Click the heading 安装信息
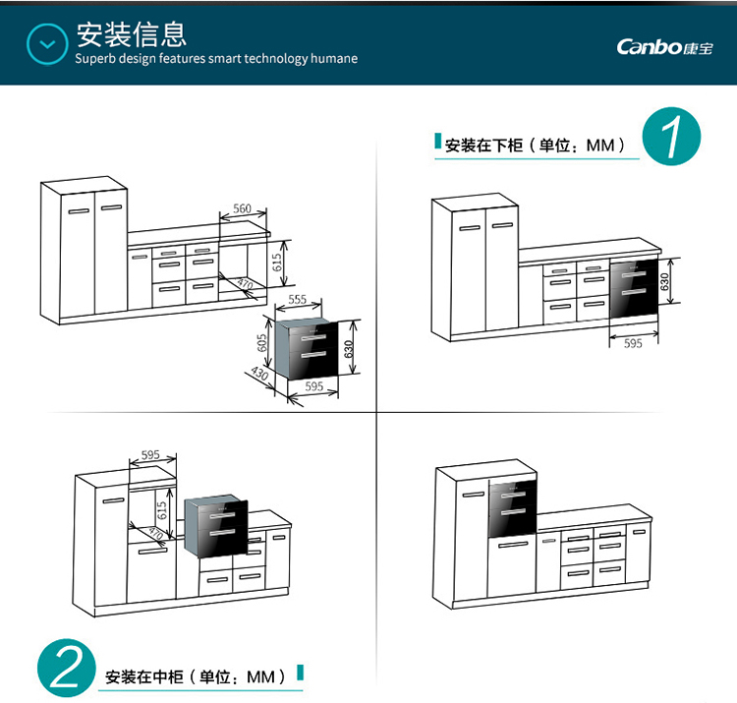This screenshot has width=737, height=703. (x=132, y=34)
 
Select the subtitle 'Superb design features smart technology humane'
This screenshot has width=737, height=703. (x=216, y=59)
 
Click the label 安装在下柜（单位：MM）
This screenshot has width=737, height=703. (x=535, y=146)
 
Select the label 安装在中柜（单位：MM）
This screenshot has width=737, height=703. (x=195, y=677)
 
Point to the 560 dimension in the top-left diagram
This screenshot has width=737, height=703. (x=242, y=208)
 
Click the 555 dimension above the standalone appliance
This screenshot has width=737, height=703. (x=299, y=299)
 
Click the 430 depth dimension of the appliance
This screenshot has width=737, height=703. (x=259, y=375)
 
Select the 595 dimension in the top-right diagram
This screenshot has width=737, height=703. (x=633, y=343)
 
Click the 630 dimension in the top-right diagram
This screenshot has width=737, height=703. (x=665, y=281)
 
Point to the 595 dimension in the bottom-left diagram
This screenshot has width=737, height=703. (x=150, y=455)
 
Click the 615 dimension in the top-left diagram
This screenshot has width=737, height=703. (x=278, y=261)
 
